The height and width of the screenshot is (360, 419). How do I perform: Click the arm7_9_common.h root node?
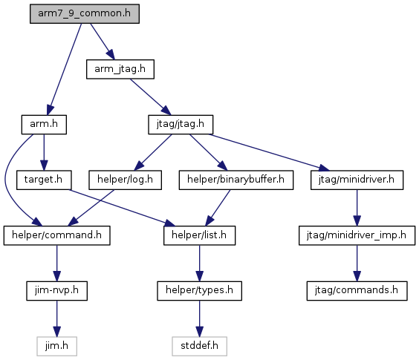coord(85,13)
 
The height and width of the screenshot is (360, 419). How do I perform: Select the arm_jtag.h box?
coord(120,69)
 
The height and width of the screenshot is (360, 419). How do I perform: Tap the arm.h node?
coord(44,125)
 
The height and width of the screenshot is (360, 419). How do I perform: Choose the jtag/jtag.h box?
coord(181,125)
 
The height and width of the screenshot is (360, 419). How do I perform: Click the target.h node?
coord(44,180)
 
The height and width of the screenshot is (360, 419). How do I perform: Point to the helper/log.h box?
coord(125,180)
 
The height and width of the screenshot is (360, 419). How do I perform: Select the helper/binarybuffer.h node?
coord(236,180)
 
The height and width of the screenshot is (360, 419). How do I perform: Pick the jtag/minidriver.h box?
coord(357,180)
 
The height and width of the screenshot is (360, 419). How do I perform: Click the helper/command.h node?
coord(57,235)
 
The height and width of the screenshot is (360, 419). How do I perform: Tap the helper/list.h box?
coord(199,235)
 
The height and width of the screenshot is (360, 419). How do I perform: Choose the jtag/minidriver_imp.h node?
coord(357,235)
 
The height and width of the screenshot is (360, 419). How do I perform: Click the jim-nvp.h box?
coord(57,291)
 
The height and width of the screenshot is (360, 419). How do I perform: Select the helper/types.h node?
coord(199,291)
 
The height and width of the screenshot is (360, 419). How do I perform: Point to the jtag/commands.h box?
coord(357,291)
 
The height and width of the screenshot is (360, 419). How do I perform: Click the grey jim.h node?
coord(57,347)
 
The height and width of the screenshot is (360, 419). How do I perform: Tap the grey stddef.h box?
coord(199,347)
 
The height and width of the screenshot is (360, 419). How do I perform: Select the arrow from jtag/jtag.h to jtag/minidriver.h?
coord(269,152)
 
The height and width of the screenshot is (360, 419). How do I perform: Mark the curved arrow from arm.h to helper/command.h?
coord(6,179)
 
